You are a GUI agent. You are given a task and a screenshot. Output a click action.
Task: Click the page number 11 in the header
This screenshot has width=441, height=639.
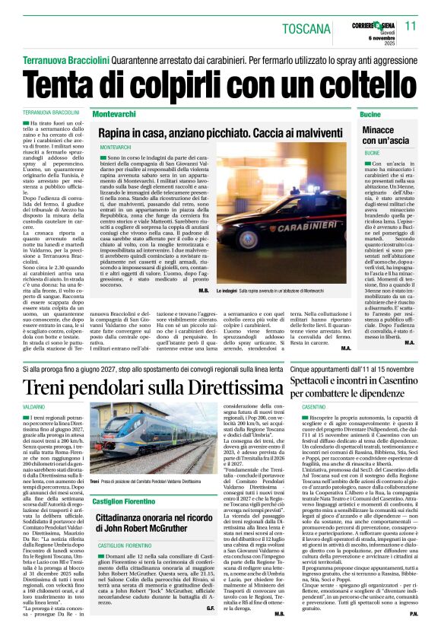point(423,27)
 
